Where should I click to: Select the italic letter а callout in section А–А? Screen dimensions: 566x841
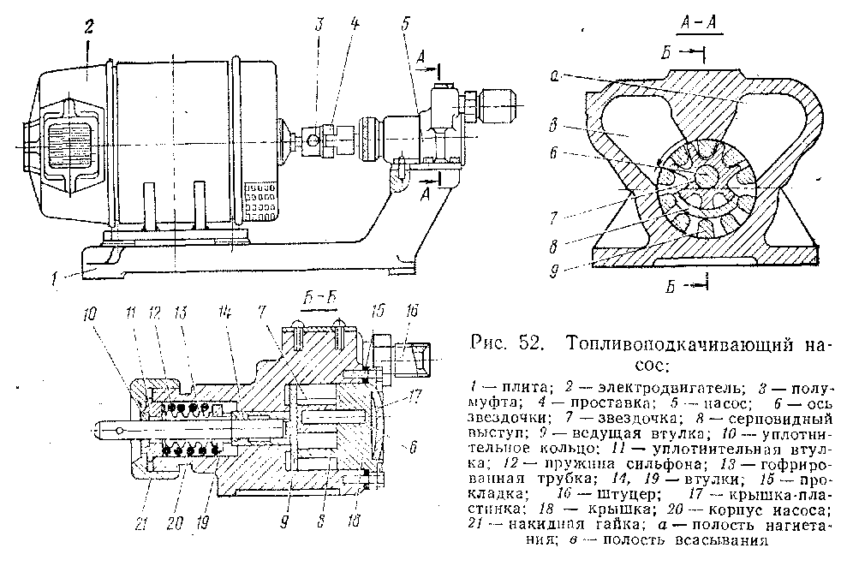tap(555, 75)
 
